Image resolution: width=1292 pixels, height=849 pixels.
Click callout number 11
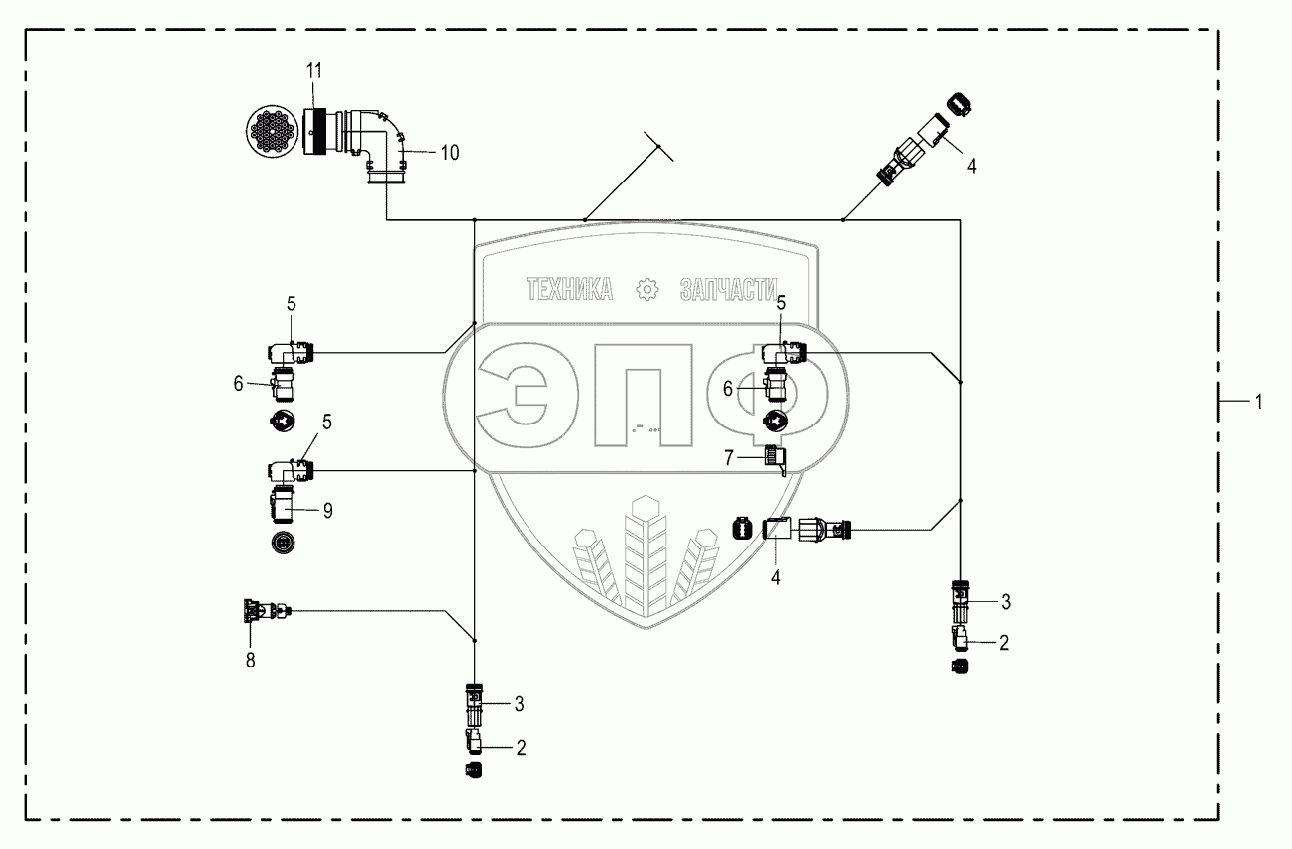click(x=314, y=70)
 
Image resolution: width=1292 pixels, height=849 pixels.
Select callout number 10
click(x=449, y=152)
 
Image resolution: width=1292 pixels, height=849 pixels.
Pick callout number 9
click(x=326, y=511)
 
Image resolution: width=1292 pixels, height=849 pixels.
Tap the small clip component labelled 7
click(x=776, y=459)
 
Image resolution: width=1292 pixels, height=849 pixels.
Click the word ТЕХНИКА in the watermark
click(x=569, y=289)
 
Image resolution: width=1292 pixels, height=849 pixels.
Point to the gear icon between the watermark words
click(x=646, y=289)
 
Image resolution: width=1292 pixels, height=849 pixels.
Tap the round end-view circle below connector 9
click(x=285, y=543)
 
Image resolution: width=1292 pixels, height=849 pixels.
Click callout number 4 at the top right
click(x=971, y=167)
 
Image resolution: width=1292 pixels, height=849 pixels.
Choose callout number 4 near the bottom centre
click(x=776, y=576)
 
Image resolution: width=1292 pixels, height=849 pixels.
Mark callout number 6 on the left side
click(x=238, y=384)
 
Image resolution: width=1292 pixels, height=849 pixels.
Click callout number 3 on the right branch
click(x=1005, y=600)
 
